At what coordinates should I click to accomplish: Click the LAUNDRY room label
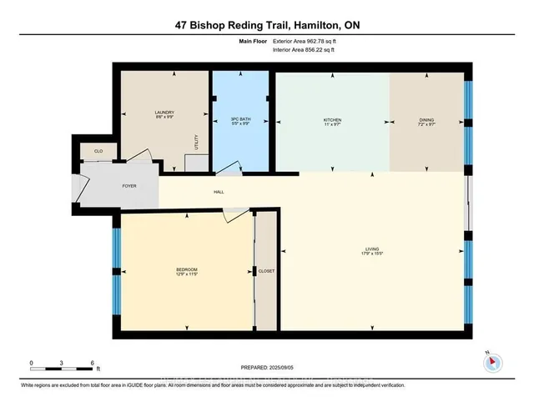164,113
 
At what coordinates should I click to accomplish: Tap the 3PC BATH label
240,120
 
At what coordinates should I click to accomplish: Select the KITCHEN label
333,120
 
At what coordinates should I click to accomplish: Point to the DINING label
426,120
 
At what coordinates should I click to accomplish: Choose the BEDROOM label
186,269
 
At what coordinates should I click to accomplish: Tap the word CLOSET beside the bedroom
266,271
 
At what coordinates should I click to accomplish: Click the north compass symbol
491,362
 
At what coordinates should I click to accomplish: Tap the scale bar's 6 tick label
92,364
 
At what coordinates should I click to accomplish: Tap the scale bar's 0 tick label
31,364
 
